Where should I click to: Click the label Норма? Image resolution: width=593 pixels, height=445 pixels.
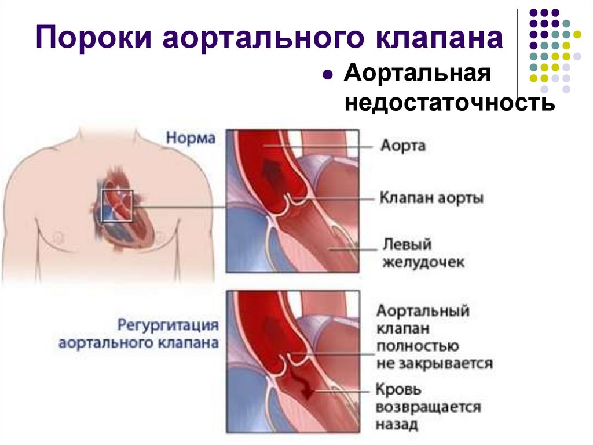[x=191, y=139]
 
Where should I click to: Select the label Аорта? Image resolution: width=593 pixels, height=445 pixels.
[x=402, y=145]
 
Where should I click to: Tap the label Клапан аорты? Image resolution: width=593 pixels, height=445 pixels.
[x=431, y=198]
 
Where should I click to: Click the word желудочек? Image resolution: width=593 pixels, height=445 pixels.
[x=423, y=262]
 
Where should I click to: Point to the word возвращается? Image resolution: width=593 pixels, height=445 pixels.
[x=428, y=407]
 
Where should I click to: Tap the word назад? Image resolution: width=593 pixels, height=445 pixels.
[x=397, y=425]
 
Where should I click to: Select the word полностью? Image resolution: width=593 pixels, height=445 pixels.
[x=418, y=346]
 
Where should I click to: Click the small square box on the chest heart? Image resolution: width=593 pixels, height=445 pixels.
[x=118, y=206]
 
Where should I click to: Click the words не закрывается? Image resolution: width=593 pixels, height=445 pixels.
[x=434, y=364]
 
